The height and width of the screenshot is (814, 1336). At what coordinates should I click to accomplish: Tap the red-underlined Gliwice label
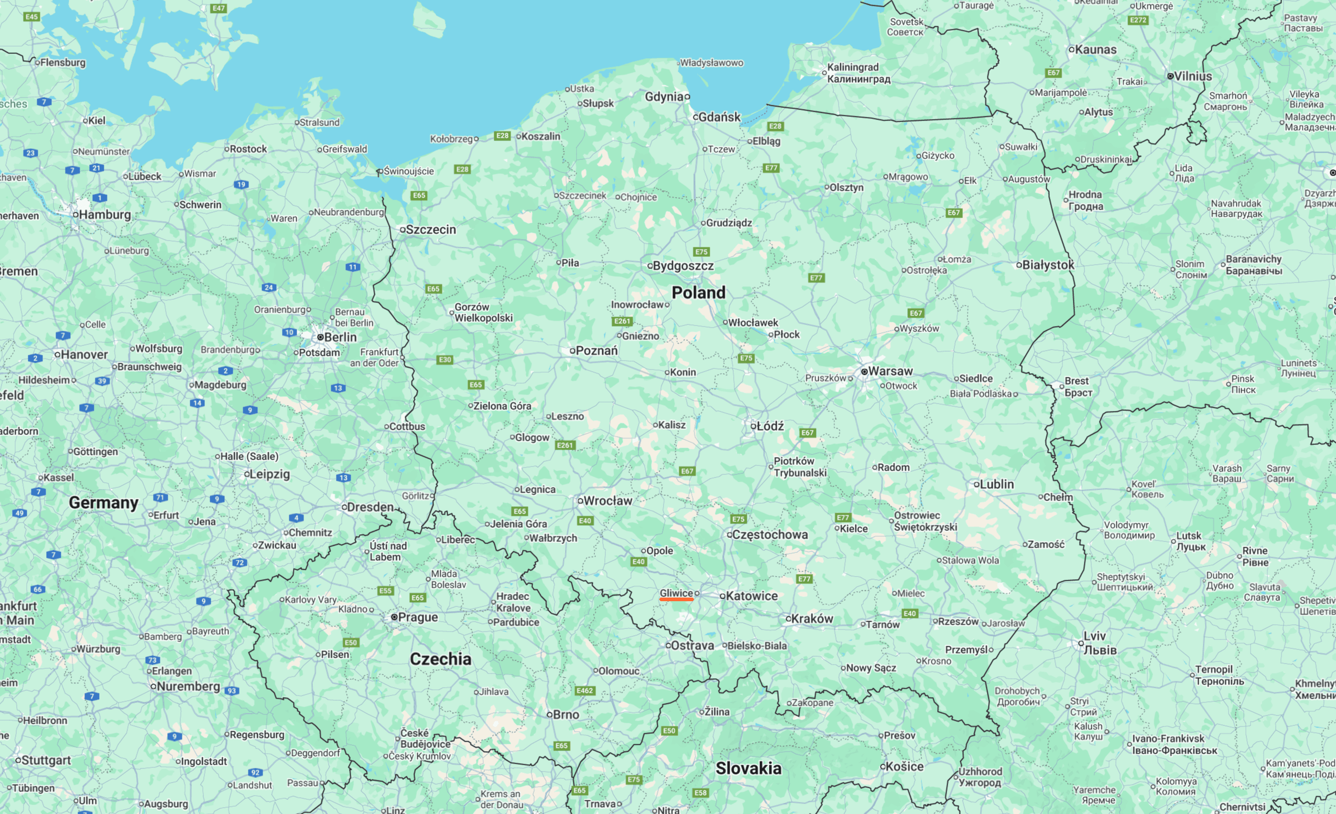point(676,593)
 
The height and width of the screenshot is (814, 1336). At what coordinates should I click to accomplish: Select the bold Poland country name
point(698,293)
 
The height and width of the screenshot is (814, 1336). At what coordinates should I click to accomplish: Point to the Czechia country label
point(440,659)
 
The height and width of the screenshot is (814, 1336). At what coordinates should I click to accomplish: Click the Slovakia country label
point(748,768)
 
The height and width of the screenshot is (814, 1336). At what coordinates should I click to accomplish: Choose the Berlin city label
point(340,337)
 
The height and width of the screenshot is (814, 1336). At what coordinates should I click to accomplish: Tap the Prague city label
point(418,617)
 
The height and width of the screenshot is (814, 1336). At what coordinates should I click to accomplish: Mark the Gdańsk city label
point(719,117)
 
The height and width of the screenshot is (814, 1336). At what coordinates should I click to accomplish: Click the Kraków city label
point(812,619)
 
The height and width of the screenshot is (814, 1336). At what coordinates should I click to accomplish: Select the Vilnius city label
point(1192,77)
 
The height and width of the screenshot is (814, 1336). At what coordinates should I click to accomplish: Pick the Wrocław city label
point(607,501)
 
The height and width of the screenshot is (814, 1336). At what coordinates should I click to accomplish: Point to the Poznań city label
point(596,351)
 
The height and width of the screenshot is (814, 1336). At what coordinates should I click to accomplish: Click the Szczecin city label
point(430,230)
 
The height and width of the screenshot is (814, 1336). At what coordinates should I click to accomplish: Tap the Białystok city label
point(1048,265)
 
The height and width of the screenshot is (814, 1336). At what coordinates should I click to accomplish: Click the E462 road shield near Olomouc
point(584,690)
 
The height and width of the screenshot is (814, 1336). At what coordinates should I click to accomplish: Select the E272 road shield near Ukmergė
point(1137,20)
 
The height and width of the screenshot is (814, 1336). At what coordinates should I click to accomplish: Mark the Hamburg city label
point(105,214)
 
